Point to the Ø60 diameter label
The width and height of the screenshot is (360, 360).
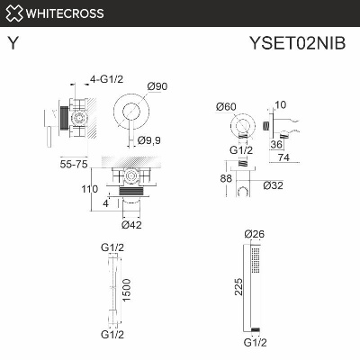point(227,106)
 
